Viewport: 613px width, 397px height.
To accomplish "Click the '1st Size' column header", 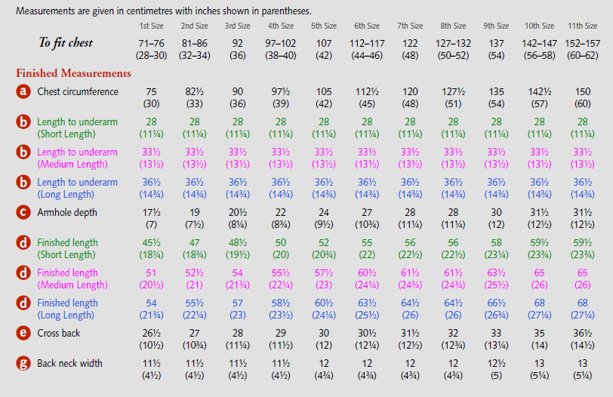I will [152, 26].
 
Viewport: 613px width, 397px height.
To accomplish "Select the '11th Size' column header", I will [582, 26].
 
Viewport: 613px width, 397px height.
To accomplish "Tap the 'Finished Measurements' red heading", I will [73, 74].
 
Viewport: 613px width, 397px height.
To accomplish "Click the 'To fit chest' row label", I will [66, 43].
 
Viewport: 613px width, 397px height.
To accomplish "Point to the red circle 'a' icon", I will [24, 92].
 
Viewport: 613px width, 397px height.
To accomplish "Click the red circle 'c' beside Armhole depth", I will [24, 213].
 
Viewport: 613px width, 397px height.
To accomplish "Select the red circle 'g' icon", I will [24, 364].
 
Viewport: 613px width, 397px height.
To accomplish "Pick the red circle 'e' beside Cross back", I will [24, 334].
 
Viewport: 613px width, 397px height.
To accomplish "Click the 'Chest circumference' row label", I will [78, 92].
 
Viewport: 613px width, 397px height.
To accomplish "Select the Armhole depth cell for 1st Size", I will [152, 218].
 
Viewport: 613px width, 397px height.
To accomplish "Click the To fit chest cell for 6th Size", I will [366, 49].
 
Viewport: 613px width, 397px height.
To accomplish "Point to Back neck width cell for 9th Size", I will [496, 369].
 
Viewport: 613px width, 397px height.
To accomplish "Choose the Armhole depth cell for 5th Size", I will [323, 218].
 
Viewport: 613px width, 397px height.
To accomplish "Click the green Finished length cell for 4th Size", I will [281, 248].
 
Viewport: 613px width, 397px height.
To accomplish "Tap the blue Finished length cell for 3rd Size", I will [238, 309].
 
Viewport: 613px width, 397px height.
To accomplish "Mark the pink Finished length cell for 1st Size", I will [152, 279].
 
